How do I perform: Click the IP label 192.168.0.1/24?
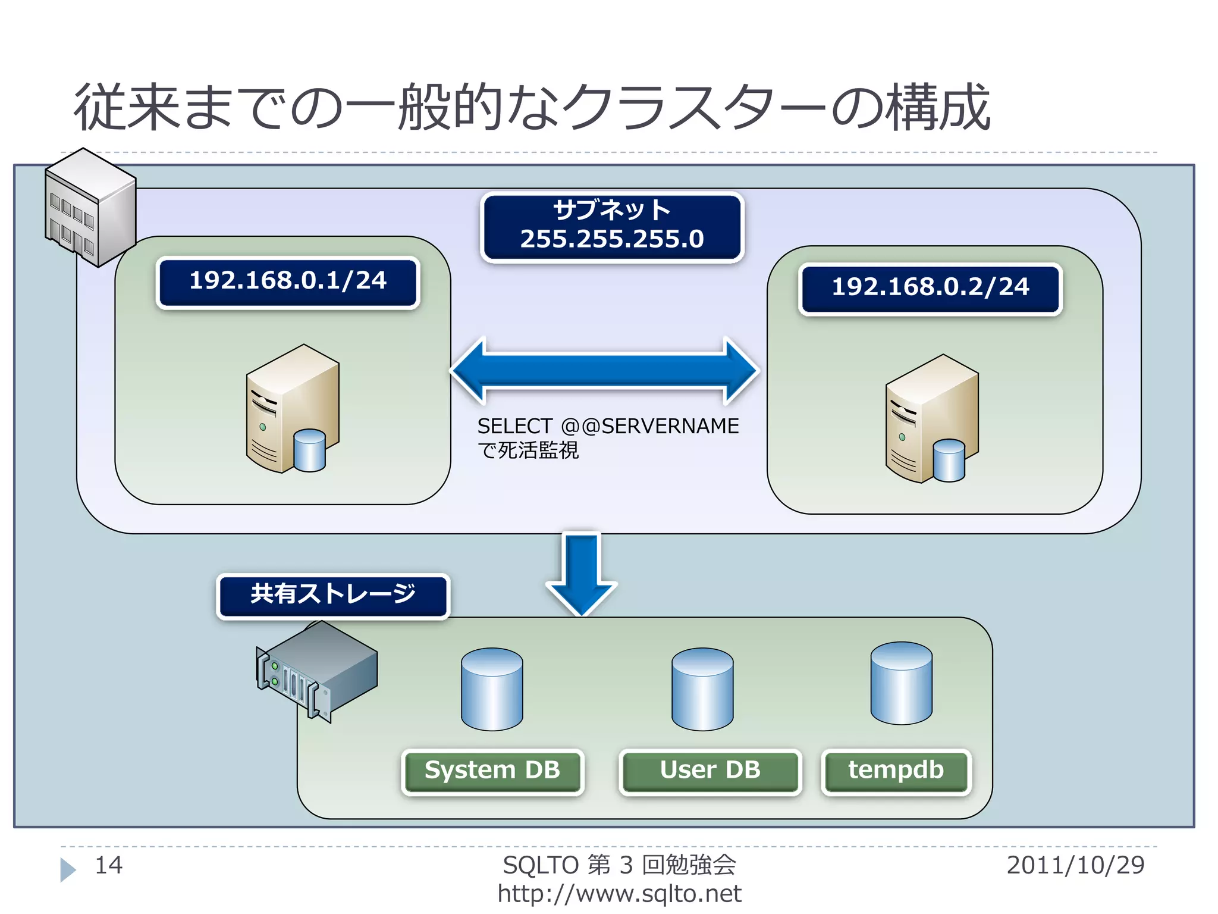tap(288, 282)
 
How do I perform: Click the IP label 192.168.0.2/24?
tap(930, 289)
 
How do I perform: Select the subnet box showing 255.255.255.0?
tap(612, 227)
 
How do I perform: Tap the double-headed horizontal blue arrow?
tap(604, 371)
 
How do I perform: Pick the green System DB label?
tap(492, 771)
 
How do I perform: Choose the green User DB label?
tap(710, 771)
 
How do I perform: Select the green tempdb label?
tap(896, 771)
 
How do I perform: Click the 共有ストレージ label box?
tap(333, 595)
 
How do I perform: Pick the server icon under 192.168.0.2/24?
tap(931, 420)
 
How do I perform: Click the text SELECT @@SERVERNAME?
tap(608, 426)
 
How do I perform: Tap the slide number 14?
tap(109, 865)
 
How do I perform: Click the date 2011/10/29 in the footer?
tap(1075, 865)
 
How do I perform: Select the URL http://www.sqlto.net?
tap(619, 894)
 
